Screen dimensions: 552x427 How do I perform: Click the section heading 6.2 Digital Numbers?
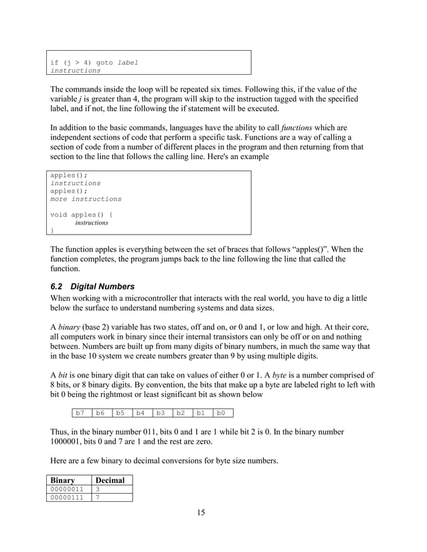pyautogui.click(x=93, y=286)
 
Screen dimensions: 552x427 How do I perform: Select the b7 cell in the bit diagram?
pyautogui.click(x=80, y=413)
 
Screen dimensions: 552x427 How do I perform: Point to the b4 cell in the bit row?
pyautogui.click(x=141, y=413)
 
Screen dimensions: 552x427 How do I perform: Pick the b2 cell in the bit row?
pyautogui.click(x=181, y=413)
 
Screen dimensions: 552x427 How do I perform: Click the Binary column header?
pyautogui.click(x=61, y=480)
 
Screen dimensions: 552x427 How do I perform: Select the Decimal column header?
pyautogui.click(x=110, y=480)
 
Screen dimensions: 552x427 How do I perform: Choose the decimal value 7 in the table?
pyautogui.click(x=98, y=497)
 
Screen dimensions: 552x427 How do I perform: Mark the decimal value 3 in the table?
pyautogui.click(x=98, y=489)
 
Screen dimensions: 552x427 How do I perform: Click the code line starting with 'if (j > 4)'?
pyautogui.click(x=94, y=63)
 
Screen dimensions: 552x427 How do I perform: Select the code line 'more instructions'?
pyautogui.click(x=86, y=199)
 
